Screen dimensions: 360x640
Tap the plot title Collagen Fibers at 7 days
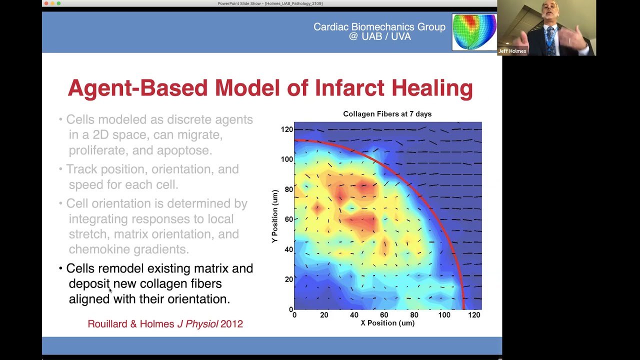click(387, 114)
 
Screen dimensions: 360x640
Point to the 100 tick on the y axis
click(286, 159)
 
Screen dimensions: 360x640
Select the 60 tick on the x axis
click(384, 315)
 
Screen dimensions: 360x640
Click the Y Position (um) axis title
click(274, 216)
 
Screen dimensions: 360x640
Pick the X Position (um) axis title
click(387, 323)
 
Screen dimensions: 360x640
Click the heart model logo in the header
click(474, 32)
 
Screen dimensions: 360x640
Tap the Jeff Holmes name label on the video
click(512, 51)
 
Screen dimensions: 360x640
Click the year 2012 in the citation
click(231, 324)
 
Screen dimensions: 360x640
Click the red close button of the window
click(46, 3)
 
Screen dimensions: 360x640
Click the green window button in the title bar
click(58, 3)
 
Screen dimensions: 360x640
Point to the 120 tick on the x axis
click(474, 315)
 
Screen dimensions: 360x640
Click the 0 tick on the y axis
click(290, 309)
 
